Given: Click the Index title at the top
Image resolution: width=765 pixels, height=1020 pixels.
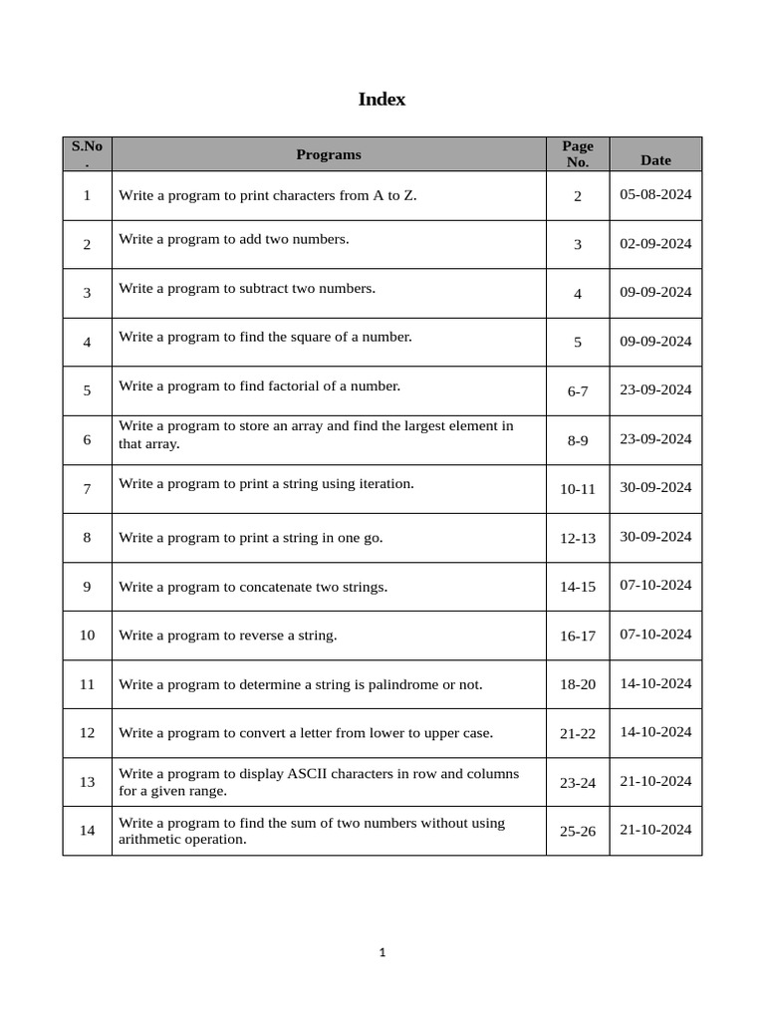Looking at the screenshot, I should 382,100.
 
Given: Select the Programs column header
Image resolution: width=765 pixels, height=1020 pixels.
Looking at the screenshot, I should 329,154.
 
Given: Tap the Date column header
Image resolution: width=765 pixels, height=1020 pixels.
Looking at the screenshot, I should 655,159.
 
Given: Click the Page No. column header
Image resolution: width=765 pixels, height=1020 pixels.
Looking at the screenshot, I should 578,154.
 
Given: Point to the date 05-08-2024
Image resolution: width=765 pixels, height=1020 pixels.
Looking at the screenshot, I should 655,194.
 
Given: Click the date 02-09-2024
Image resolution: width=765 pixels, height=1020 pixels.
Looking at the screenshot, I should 655,243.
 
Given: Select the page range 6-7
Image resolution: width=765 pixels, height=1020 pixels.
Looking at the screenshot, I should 578,391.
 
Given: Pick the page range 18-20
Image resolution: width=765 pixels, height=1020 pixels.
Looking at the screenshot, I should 578,684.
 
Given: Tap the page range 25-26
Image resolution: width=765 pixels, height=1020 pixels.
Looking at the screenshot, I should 578,831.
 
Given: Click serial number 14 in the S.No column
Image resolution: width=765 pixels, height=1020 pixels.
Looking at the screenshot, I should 88,830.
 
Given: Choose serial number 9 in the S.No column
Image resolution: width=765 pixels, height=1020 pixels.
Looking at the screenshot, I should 88,586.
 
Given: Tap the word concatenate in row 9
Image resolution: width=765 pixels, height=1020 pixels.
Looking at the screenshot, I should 276,587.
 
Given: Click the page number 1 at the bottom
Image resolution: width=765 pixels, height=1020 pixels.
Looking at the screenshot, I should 382,952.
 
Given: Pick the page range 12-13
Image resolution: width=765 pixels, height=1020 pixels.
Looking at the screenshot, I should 578,538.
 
